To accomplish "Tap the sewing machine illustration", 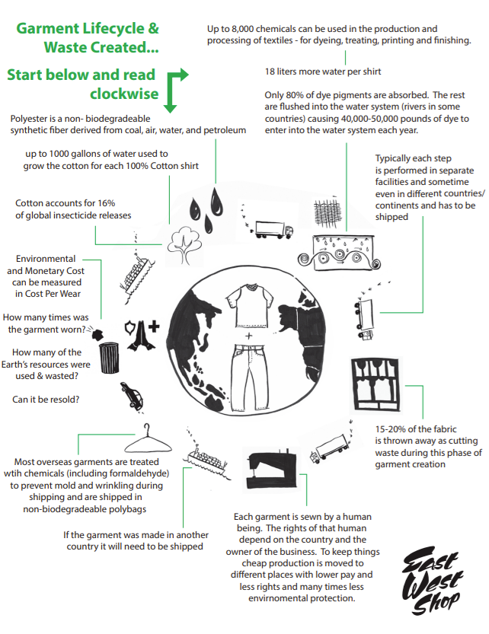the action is point(272,470).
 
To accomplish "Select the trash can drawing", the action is point(109,358).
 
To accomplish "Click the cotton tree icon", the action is point(184,245).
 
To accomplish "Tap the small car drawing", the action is point(132,396).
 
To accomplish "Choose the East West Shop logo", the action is point(433,581).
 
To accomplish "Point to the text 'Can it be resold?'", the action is point(46,400).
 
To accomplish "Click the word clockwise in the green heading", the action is point(124,94).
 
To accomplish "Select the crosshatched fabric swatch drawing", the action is point(327,212).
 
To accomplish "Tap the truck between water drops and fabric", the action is point(273,230).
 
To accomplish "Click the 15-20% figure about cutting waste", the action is point(390,429).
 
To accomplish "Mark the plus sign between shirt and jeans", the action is point(248,336).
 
